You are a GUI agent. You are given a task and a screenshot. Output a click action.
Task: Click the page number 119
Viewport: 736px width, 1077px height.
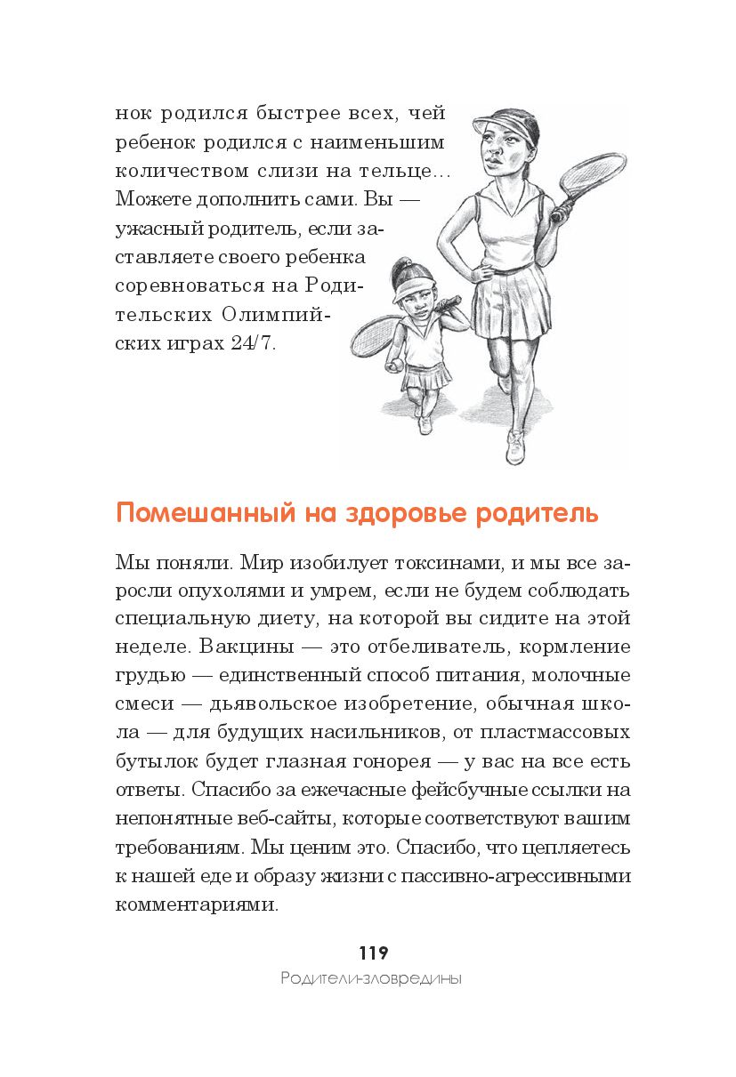tap(373, 952)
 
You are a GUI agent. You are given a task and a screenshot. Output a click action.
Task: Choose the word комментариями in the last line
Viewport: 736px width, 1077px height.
tap(197, 904)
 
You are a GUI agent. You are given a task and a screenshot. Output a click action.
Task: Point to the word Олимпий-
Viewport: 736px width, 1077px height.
tap(271, 315)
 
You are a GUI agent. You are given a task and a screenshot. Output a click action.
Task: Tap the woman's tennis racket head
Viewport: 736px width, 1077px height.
tap(592, 177)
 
